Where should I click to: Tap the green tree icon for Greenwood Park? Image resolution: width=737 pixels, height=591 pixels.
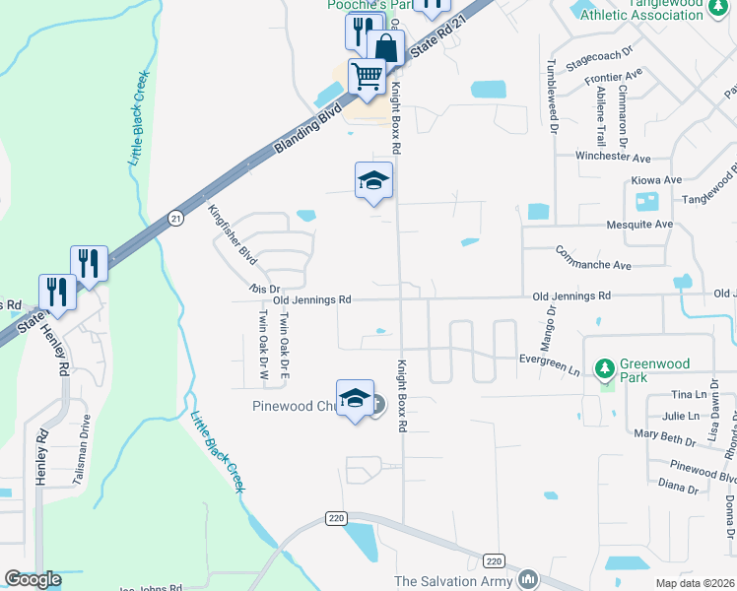click(x=605, y=368)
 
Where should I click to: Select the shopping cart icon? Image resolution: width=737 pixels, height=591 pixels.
click(x=367, y=75)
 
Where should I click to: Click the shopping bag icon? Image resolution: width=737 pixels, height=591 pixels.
click(x=385, y=46)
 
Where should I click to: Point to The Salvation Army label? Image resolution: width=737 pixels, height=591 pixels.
click(x=454, y=581)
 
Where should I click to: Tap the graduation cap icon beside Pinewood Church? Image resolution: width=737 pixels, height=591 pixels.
click(x=355, y=398)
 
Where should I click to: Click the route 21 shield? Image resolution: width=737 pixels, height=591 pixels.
click(x=174, y=218)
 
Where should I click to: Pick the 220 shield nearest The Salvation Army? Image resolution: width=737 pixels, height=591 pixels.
click(x=495, y=560)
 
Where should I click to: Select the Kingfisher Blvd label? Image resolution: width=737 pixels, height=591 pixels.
click(x=233, y=235)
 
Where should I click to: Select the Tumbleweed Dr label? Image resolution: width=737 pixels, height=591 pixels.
click(x=552, y=95)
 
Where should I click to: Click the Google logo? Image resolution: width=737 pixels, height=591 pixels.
click(x=33, y=579)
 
